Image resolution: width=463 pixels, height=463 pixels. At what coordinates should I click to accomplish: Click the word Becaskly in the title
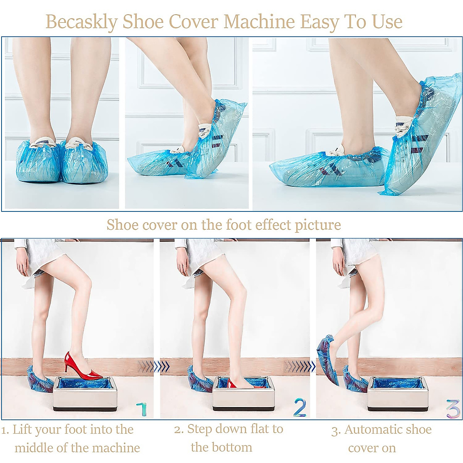pyautogui.click(x=81, y=22)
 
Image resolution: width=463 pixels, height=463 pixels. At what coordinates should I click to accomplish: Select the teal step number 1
pyautogui.click(x=142, y=409)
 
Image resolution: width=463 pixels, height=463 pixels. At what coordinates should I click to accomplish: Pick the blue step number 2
pyautogui.click(x=300, y=407)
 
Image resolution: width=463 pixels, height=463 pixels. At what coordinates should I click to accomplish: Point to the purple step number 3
pyautogui.click(x=453, y=409)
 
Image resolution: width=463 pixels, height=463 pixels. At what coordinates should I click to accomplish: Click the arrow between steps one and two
pyautogui.click(x=161, y=366)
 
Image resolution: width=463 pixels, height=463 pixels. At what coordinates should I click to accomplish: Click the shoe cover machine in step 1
pyautogui.click(x=84, y=394)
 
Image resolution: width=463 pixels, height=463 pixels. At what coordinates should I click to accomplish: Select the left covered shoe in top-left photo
pyautogui.click(x=38, y=162)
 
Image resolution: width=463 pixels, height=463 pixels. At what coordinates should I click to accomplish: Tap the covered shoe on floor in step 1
pyautogui.click(x=40, y=380)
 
